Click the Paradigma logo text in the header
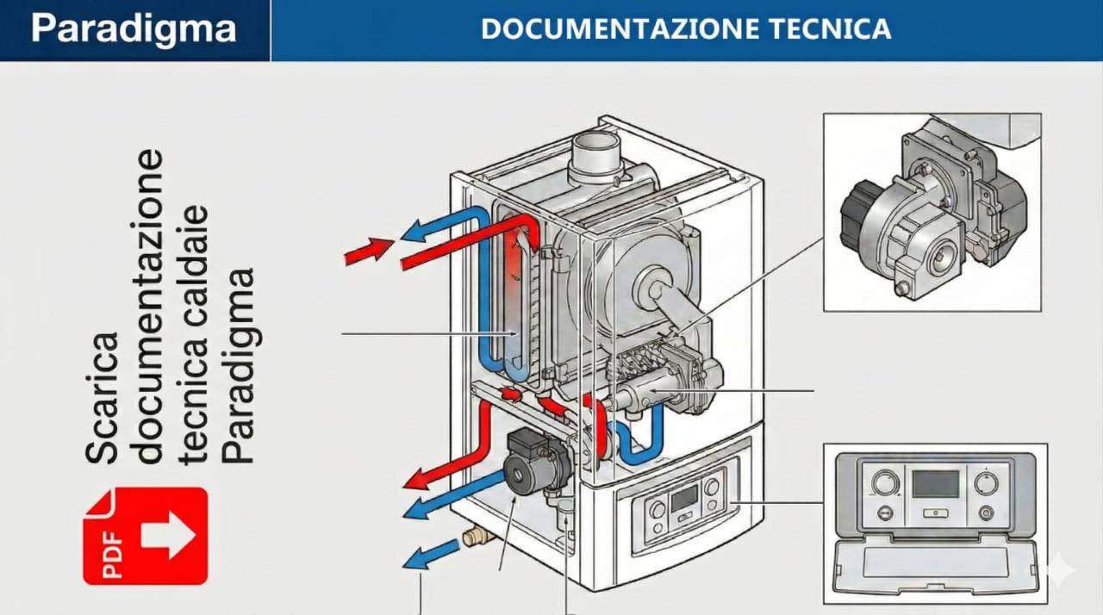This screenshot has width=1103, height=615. (x=134, y=28)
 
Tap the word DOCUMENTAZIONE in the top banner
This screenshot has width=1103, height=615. (x=603, y=28)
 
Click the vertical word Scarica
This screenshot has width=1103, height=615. (x=103, y=396)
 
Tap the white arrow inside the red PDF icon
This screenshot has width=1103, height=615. (x=167, y=535)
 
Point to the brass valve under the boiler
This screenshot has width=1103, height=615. (x=477, y=537)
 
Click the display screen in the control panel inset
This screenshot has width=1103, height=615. (x=935, y=484)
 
